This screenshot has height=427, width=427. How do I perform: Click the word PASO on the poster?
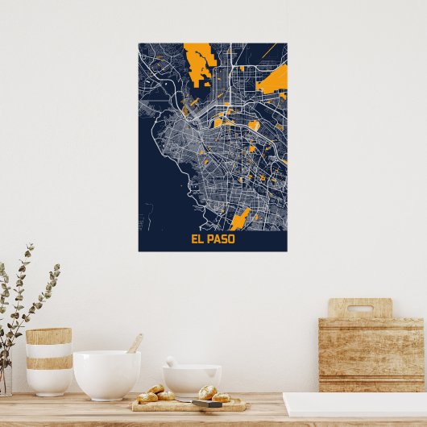click(x=220, y=239)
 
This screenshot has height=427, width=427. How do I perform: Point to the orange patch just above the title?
click(x=242, y=218)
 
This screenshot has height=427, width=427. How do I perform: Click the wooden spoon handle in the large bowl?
click(x=135, y=344)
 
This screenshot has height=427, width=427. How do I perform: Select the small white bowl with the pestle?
click(x=192, y=380)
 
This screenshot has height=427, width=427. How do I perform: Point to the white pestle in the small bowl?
click(x=172, y=362)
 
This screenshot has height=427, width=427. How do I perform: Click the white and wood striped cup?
click(x=48, y=363)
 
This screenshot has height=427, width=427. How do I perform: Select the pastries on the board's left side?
click(x=156, y=394)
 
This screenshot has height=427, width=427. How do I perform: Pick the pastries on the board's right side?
click(x=213, y=394)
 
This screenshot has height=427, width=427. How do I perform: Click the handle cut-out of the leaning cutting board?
click(x=360, y=309)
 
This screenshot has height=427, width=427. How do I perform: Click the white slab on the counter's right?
click(x=354, y=404)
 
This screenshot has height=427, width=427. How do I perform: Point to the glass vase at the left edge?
click(x=5, y=379)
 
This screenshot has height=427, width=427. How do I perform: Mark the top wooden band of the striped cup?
click(x=48, y=336)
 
